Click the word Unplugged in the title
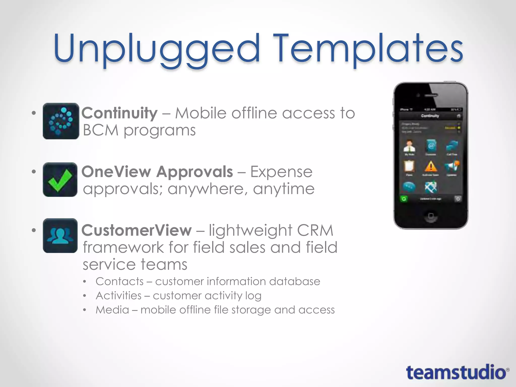(156, 49)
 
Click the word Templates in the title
(368, 49)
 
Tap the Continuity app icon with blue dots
(61, 121)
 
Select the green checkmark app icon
(60, 179)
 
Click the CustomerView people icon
(60, 236)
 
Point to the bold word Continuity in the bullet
(119, 113)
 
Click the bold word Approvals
(195, 172)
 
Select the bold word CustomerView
(137, 230)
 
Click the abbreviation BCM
(101, 131)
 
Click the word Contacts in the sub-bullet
(119, 281)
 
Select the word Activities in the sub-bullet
(119, 296)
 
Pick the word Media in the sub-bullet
(112, 310)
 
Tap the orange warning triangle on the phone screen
(431, 167)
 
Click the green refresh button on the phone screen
(404, 199)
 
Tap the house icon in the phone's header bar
(458, 116)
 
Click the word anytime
(284, 189)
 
